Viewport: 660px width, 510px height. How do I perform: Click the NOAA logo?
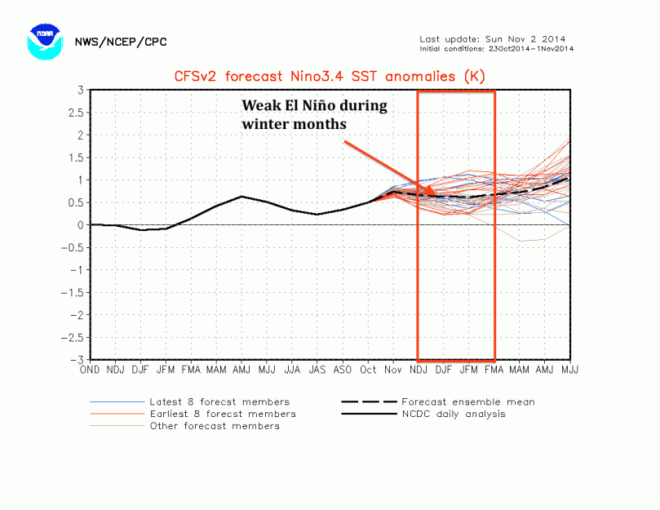pyautogui.click(x=44, y=42)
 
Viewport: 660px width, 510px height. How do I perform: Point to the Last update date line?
pyautogui.click(x=492, y=38)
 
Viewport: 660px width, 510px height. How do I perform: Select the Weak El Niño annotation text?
pyautogui.click(x=314, y=115)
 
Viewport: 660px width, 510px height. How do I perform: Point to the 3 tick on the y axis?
pyautogui.click(x=81, y=90)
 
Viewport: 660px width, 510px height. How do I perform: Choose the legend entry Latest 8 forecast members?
pyautogui.click(x=219, y=401)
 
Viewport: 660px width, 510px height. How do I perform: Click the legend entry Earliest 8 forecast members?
pyautogui.click(x=222, y=414)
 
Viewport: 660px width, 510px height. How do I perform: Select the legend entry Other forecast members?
pyautogui.click(x=214, y=426)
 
